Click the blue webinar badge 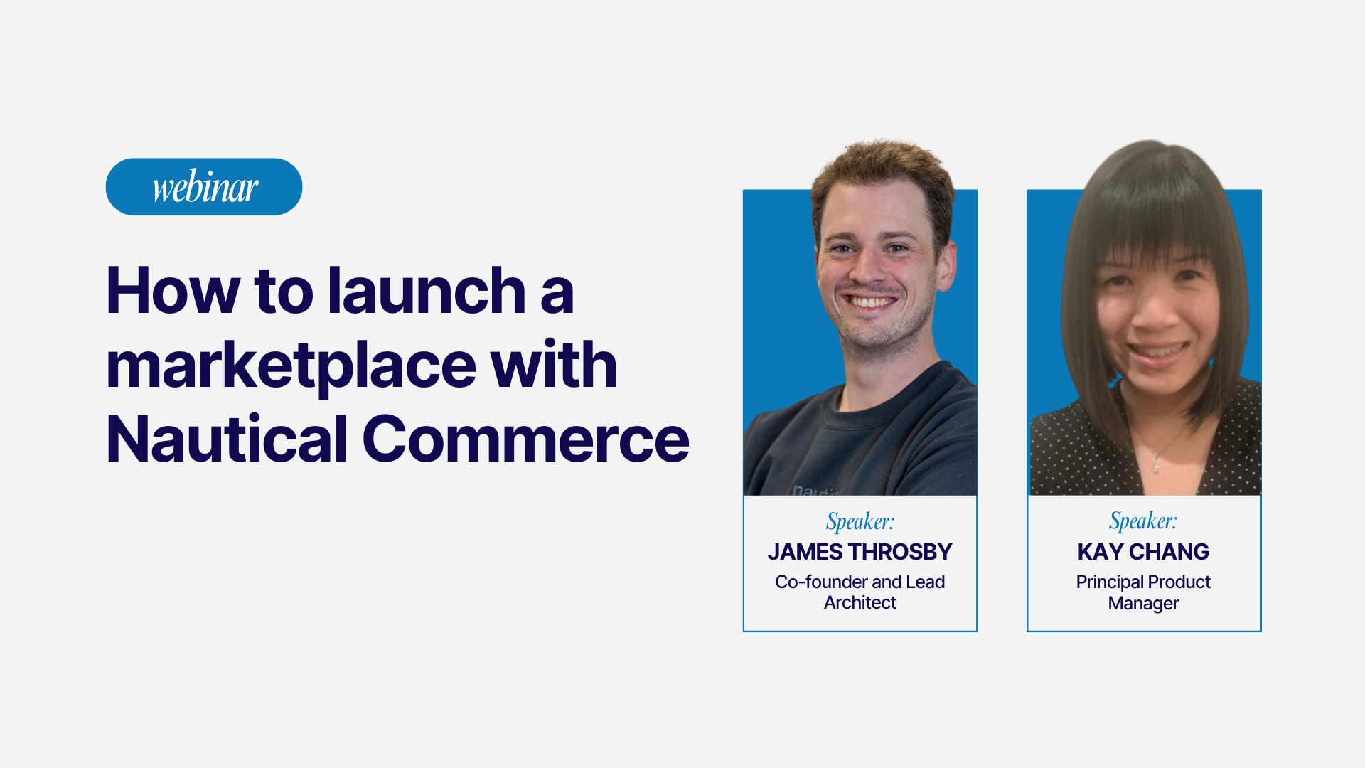pyautogui.click(x=204, y=187)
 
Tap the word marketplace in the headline pyautogui.click(x=291, y=366)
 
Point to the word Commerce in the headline pyautogui.click(x=525, y=439)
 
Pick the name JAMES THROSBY pyautogui.click(x=860, y=552)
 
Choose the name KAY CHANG pyautogui.click(x=1143, y=552)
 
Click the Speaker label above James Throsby pyautogui.click(x=860, y=522)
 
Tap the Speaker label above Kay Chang pyautogui.click(x=1143, y=521)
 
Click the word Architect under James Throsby pyautogui.click(x=860, y=603)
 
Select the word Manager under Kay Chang pyautogui.click(x=1143, y=604)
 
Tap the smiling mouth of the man pyautogui.click(x=872, y=302)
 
